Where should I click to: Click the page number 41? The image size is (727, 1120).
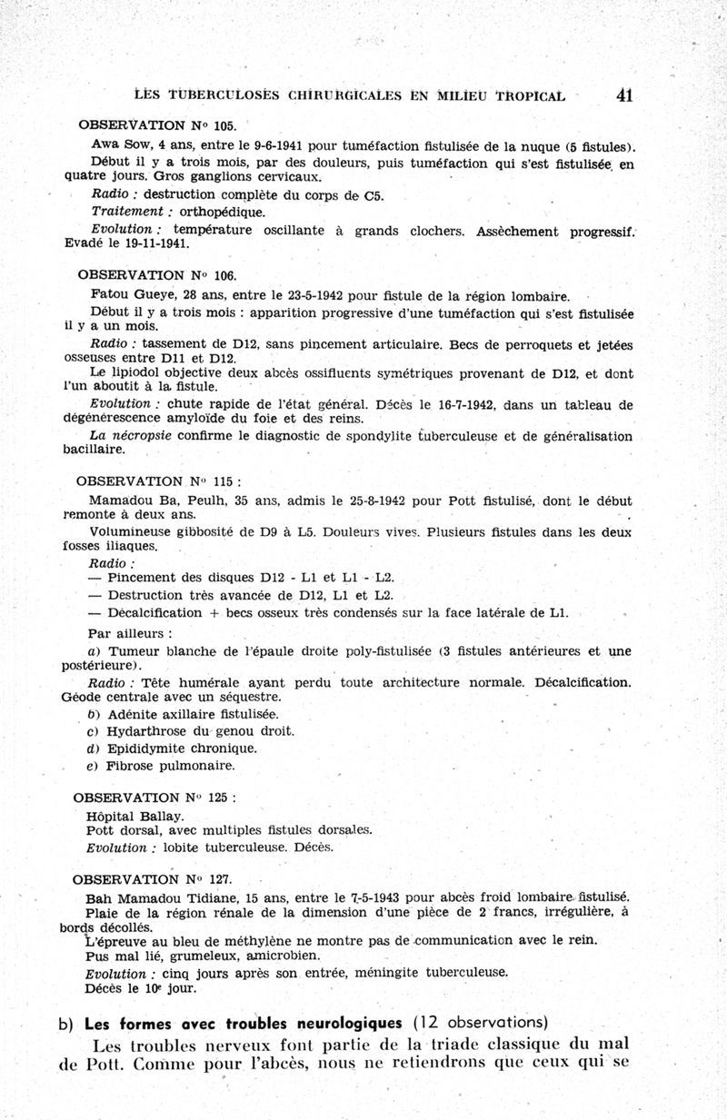click(623, 94)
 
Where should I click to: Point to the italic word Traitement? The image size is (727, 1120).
click(125, 212)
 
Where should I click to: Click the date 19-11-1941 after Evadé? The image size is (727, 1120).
click(159, 243)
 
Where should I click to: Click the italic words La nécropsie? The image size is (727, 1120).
click(133, 436)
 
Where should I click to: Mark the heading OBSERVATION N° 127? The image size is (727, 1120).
click(145, 879)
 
